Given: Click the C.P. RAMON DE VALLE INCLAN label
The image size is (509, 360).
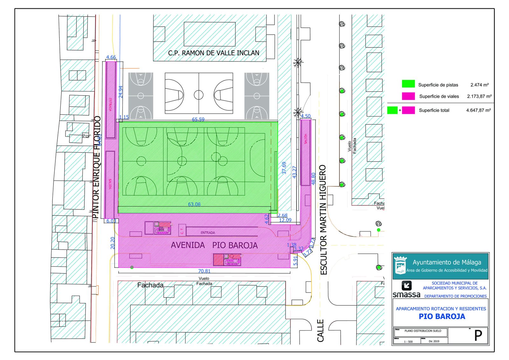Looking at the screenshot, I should coord(213,53).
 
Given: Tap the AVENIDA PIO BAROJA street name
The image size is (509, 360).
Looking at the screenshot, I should coord(214,245).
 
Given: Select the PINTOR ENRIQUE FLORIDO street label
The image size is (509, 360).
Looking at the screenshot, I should coord(96,167).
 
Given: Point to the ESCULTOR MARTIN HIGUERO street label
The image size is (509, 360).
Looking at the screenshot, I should coord(323,220).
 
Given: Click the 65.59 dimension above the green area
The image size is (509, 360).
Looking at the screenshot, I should coord(198,119).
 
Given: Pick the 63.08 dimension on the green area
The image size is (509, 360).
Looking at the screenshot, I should coord(194,204).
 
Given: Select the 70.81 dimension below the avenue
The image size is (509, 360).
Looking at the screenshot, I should coord(204,271).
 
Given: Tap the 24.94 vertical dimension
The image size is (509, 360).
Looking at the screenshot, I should coord(121,92).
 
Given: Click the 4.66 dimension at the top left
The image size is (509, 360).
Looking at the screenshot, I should coord(111,57).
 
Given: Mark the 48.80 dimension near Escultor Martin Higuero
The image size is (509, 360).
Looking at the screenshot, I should coord(313,179).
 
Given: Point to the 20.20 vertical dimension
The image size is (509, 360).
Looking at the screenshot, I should coord(113,243).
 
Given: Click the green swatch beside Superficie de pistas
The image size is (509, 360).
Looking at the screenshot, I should coord(408,84).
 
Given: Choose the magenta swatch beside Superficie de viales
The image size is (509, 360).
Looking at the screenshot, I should coord(408,96).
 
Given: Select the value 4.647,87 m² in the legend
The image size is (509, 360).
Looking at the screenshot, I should coord(478,110).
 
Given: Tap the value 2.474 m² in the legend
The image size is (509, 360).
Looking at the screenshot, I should coord(479,85).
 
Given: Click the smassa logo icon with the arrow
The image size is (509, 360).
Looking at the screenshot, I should coord(407,285).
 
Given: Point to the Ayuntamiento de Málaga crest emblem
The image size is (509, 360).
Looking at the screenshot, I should coord(400,266).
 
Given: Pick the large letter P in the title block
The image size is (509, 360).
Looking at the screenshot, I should coord(478,335).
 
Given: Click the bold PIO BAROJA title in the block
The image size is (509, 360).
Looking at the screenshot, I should coord(442,316).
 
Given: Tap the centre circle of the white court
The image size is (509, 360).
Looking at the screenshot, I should coord(199,95).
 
